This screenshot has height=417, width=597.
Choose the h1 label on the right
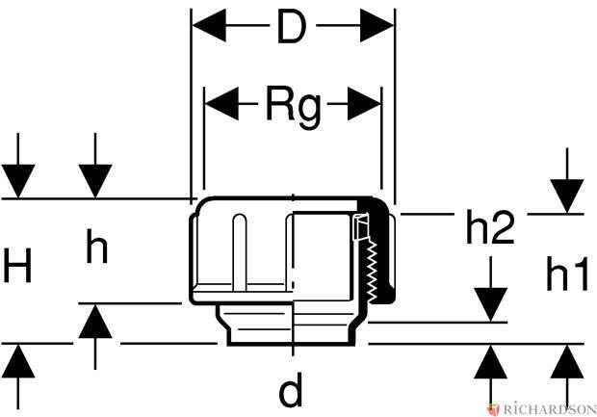[566, 275]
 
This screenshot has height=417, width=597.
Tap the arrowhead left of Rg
[221, 101]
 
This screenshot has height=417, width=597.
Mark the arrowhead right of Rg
[365, 101]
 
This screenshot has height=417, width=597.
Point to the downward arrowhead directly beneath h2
[490, 303]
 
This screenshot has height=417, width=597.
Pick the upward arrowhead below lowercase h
[95, 320]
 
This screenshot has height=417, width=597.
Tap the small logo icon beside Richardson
[494, 408]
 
